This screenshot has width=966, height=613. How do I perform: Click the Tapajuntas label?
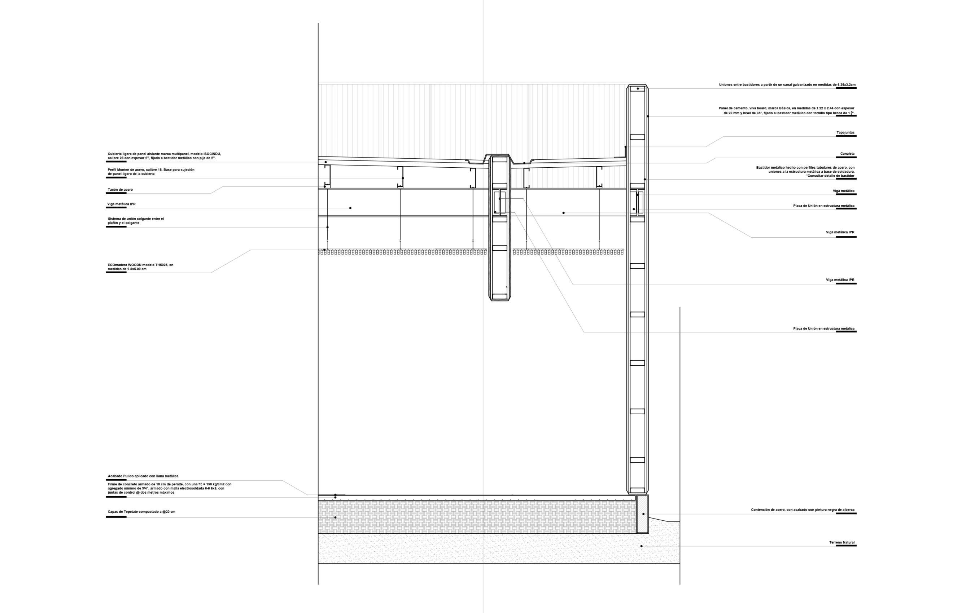pos(845,133)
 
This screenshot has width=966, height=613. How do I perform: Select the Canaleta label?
pos(847,154)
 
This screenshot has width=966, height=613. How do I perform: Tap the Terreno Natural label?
pos(842,542)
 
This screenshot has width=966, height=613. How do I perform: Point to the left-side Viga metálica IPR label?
pos(121,204)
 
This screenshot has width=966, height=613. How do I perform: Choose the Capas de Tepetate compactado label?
pos(141,512)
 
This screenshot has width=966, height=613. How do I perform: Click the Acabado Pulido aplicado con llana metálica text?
pos(143,476)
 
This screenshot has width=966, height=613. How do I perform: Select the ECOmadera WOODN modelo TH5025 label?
pos(140,267)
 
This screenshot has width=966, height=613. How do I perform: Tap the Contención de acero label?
pos(802,510)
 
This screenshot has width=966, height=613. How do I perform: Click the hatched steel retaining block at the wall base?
pos(642,514)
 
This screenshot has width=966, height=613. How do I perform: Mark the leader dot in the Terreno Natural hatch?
pos(642,546)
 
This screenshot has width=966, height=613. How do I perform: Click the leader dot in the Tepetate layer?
pos(335,517)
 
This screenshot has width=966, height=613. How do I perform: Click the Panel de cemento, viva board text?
pos(786,111)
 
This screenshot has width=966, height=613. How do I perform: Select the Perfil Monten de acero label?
pos(151,172)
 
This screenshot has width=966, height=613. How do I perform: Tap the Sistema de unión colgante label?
pos(136,221)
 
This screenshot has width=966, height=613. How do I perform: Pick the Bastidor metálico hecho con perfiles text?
pos(805,172)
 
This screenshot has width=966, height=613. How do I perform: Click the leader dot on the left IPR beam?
pos(350,208)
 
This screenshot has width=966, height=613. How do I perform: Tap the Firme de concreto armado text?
pos(169,488)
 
